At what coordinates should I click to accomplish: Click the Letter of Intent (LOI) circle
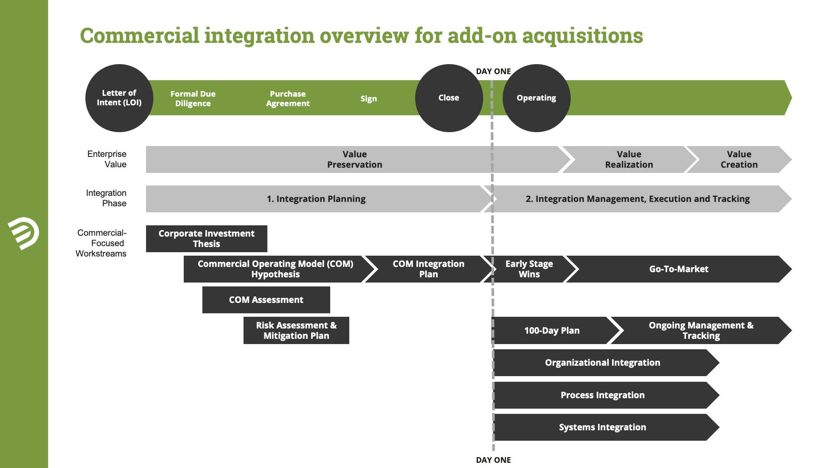[x=119, y=98]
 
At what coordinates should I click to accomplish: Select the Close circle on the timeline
[x=449, y=98]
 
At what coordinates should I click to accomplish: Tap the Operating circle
[x=536, y=98]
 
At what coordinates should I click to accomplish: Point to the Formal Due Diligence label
[x=193, y=98]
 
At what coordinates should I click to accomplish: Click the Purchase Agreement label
[x=288, y=98]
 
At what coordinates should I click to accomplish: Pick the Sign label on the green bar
[x=369, y=98]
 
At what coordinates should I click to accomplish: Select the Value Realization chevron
[x=629, y=159]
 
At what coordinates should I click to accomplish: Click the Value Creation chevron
[x=739, y=159]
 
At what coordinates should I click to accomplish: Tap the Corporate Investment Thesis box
[x=207, y=239]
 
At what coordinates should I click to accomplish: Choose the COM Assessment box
[x=266, y=300]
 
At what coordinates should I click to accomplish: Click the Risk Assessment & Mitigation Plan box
[x=296, y=331]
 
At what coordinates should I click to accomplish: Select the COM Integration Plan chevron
[x=429, y=269]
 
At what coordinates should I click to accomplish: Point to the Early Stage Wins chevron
[x=529, y=269]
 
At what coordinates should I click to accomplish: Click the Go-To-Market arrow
[x=679, y=269]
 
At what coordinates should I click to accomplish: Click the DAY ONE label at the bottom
[x=493, y=460]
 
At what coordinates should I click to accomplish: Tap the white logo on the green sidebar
[x=23, y=234]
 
